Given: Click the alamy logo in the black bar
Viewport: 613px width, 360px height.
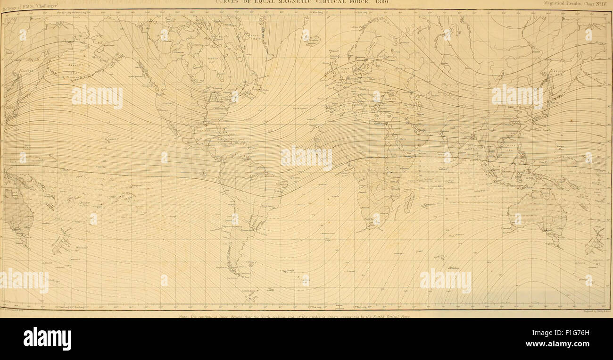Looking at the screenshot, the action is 47,338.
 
